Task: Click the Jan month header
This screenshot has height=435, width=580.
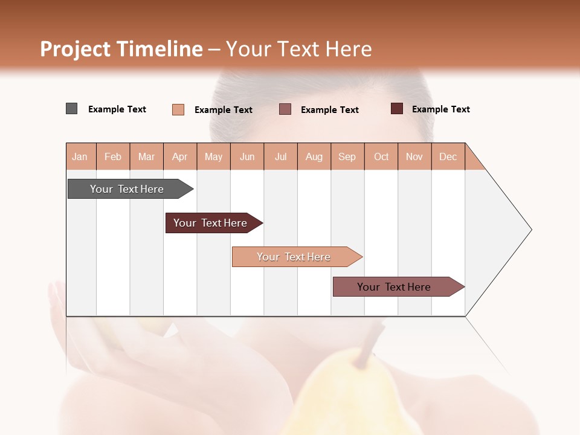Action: pyautogui.click(x=80, y=157)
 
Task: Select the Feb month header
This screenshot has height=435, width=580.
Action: pyautogui.click(x=113, y=157)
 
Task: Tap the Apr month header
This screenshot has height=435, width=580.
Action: pyautogui.click(x=180, y=157)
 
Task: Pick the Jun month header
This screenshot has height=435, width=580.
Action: pyautogui.click(x=247, y=157)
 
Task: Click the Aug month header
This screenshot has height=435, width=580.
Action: pyautogui.click(x=314, y=157)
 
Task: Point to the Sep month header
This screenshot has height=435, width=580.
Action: pyautogui.click(x=347, y=157)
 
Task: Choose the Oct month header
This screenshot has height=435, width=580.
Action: pyautogui.click(x=381, y=157)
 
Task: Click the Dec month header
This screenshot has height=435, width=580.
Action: pyautogui.click(x=448, y=157)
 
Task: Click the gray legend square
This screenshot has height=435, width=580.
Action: pyautogui.click(x=72, y=109)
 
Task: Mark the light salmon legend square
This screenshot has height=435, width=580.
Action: pyautogui.click(x=178, y=109)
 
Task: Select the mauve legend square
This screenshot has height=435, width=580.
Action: pyautogui.click(x=285, y=109)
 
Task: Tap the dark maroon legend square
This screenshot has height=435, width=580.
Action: pyautogui.click(x=397, y=109)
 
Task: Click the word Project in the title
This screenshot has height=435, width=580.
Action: pyautogui.click(x=76, y=49)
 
